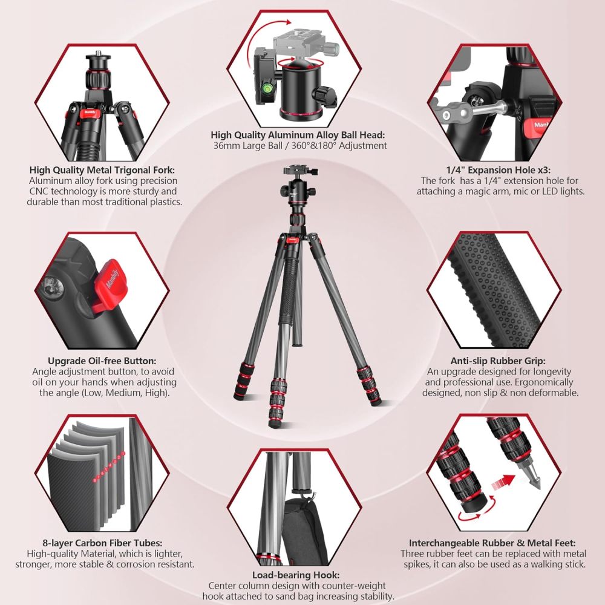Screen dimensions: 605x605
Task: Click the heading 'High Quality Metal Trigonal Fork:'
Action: (x=104, y=170)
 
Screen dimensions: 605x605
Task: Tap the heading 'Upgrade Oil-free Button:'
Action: (x=104, y=361)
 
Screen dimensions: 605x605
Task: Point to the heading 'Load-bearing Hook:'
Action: (x=295, y=575)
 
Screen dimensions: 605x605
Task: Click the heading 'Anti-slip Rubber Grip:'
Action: (x=502, y=361)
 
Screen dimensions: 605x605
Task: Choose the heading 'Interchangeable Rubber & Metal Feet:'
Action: (x=492, y=543)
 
